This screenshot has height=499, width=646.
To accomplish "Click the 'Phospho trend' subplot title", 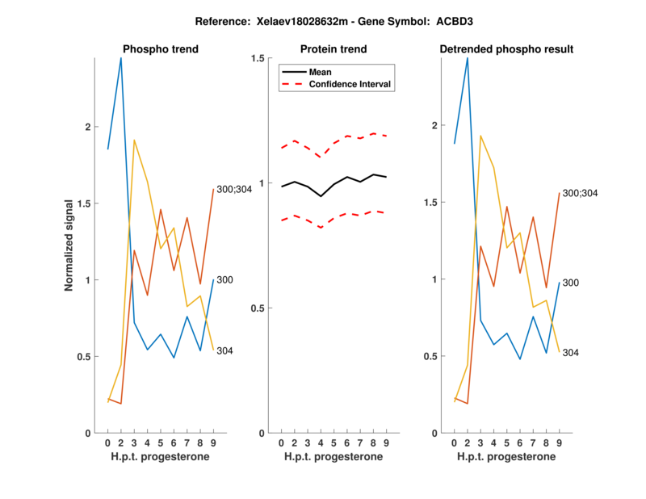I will pyautogui.click(x=160, y=49).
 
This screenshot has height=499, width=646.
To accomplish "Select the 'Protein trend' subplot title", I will pyautogui.click(x=334, y=49).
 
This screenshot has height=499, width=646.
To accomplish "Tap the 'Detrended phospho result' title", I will pyautogui.click(x=506, y=49).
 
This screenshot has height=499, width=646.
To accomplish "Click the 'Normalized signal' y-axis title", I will pyautogui.click(x=69, y=245).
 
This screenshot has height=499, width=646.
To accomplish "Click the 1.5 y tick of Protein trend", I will pyautogui.click(x=258, y=58).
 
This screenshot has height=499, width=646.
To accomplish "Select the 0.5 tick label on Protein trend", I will pyautogui.click(x=258, y=308).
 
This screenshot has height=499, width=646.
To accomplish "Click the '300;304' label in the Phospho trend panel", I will pyautogui.click(x=235, y=189).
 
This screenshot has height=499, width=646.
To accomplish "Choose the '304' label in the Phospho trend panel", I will pyautogui.click(x=225, y=350).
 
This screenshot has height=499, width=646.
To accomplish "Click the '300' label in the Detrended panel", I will pyautogui.click(x=571, y=283).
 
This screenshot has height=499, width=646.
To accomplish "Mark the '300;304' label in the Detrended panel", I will pyautogui.click(x=581, y=194).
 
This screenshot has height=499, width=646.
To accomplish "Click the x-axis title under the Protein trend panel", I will pyautogui.click(x=334, y=457).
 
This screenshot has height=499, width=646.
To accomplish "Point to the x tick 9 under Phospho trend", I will pyautogui.click(x=213, y=442).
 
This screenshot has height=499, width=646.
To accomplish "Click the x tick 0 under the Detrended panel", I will pyautogui.click(x=455, y=442).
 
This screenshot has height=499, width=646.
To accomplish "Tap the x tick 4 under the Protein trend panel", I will pyautogui.click(x=321, y=442).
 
